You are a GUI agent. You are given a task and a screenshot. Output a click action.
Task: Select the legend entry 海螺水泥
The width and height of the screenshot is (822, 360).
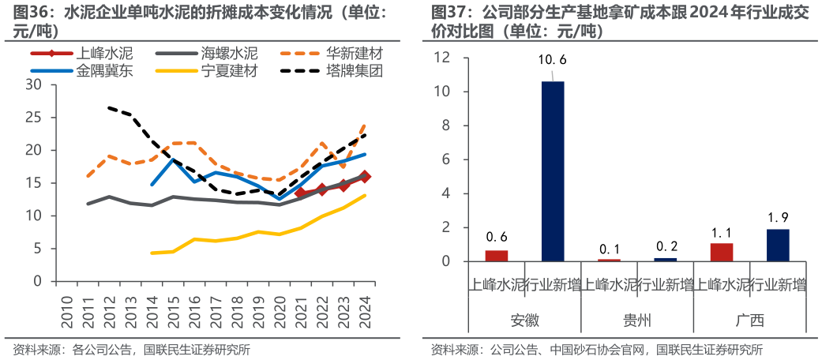[229, 54]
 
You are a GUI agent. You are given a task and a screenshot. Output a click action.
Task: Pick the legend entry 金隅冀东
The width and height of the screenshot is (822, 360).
[104, 71]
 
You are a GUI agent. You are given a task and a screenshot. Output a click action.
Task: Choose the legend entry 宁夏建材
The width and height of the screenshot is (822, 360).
[229, 71]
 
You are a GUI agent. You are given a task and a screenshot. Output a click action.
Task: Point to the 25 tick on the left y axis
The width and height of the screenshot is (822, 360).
[34, 118]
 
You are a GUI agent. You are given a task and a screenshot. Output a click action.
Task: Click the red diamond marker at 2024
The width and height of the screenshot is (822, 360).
[364, 177]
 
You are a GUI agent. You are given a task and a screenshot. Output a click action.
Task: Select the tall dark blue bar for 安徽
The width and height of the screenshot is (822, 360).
[552, 171]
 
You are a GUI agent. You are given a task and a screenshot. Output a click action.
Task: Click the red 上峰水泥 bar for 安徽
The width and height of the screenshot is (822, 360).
[496, 255]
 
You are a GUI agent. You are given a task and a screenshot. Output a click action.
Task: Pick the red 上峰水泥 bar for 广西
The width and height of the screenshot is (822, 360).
[721, 252]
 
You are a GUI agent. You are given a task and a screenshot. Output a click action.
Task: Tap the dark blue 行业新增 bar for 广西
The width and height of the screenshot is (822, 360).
[777, 245]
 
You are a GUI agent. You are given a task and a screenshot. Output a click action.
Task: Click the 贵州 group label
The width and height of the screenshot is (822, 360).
[636, 321]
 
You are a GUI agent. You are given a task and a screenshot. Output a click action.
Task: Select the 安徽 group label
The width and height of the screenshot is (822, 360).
[524, 321]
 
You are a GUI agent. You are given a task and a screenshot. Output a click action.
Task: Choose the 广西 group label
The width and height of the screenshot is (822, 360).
[749, 321]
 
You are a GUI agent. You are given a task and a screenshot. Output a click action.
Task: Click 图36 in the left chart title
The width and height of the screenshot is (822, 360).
[28, 13]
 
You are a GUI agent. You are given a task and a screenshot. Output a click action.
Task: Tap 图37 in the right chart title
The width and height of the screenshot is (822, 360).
[447, 13]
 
